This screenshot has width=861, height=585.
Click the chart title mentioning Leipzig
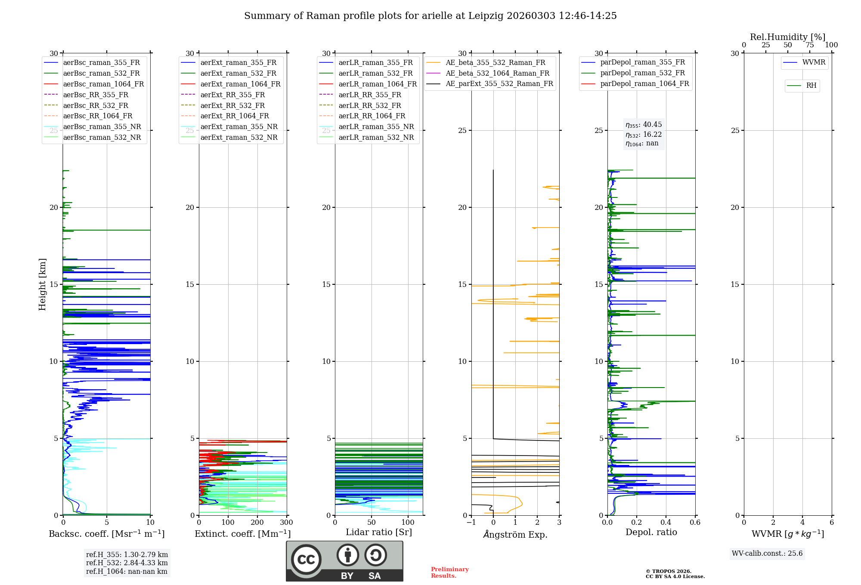tap(430, 16)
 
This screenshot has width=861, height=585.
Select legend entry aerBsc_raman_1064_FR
tap(103, 84)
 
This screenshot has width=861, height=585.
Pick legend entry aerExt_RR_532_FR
tap(232, 105)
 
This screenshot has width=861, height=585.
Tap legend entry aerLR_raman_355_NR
tap(376, 126)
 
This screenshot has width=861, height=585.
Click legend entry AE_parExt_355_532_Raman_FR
tap(499, 83)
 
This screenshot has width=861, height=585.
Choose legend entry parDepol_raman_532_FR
tap(642, 73)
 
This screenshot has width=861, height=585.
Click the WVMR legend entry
tap(813, 62)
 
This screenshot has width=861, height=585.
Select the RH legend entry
tap(811, 86)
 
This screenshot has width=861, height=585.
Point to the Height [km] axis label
tap(42, 284)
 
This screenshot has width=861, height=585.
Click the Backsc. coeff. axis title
tap(106, 534)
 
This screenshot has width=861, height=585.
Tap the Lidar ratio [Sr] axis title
tap(379, 532)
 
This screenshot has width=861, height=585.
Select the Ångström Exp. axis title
tap(515, 535)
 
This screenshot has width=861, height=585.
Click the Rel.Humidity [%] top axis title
tap(787, 37)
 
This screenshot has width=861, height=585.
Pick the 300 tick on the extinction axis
tap(286, 523)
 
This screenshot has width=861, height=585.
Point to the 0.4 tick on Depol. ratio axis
tap(666, 523)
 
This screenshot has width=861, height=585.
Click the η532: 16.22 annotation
tap(644, 134)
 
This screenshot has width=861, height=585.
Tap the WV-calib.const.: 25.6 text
tap(767, 553)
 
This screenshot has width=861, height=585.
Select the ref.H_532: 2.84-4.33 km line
tap(127, 563)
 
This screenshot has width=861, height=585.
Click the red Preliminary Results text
tap(449, 573)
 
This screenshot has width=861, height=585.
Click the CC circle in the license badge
tap(306, 560)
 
